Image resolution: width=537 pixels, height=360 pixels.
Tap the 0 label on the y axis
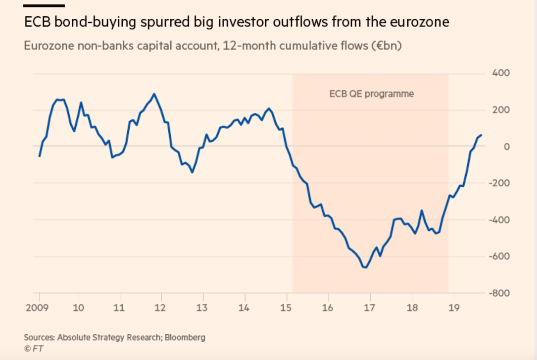[505, 147]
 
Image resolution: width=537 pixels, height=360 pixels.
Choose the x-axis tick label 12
[159, 308]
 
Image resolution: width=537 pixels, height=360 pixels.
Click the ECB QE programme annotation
[371, 94]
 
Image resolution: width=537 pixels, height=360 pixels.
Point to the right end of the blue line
[482, 135]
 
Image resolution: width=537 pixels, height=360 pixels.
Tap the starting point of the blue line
[40, 156]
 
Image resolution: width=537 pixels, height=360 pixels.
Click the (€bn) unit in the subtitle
[389, 46]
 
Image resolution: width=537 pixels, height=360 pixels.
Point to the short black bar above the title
[44, 6]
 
